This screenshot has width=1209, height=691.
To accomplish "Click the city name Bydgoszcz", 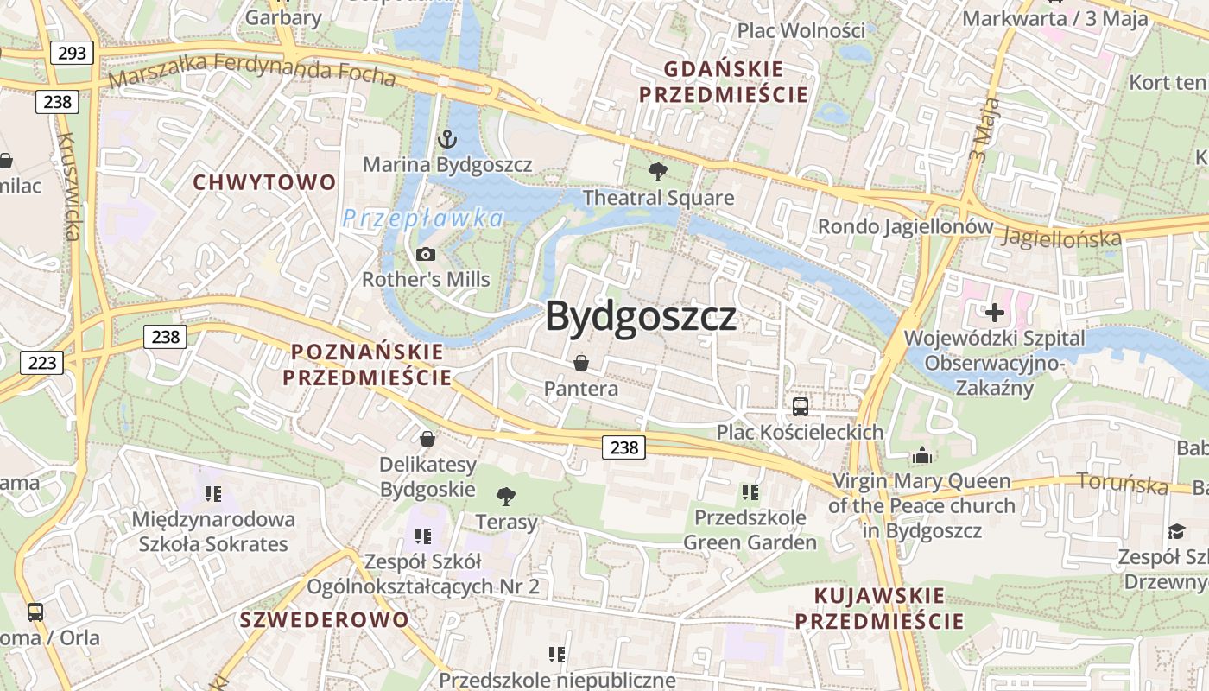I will pos(641,316).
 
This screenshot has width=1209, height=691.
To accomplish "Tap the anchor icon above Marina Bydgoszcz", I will pos(447,138).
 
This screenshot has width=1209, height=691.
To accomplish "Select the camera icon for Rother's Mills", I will pos(425,254).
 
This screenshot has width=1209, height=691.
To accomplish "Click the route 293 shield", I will pos(72,54).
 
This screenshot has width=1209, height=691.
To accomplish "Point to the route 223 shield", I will pos(41,363).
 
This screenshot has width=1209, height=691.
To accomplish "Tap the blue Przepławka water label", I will pos(423,219).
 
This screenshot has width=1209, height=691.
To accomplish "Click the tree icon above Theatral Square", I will pos(658,172).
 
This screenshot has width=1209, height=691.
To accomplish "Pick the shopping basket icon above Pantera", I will pos(581,362).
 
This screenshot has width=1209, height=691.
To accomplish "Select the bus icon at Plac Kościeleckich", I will pos(801,406).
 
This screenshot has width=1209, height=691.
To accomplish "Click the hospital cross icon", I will pos(995,312).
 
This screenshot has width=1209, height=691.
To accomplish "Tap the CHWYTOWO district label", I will pos(264,182).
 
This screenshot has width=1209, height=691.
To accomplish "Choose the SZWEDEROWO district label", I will pos(324,619).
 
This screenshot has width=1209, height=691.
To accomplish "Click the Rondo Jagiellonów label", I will pos(905,226).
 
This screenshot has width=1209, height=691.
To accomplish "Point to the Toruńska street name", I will pos(1123,484).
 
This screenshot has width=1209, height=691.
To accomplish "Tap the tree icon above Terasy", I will pos(506,497).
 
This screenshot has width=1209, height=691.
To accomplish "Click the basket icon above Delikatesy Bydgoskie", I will pos(427,439).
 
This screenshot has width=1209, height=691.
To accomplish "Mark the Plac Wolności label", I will pos(801,31).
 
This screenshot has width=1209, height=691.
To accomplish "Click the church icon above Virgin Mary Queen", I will pos(922,455).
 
